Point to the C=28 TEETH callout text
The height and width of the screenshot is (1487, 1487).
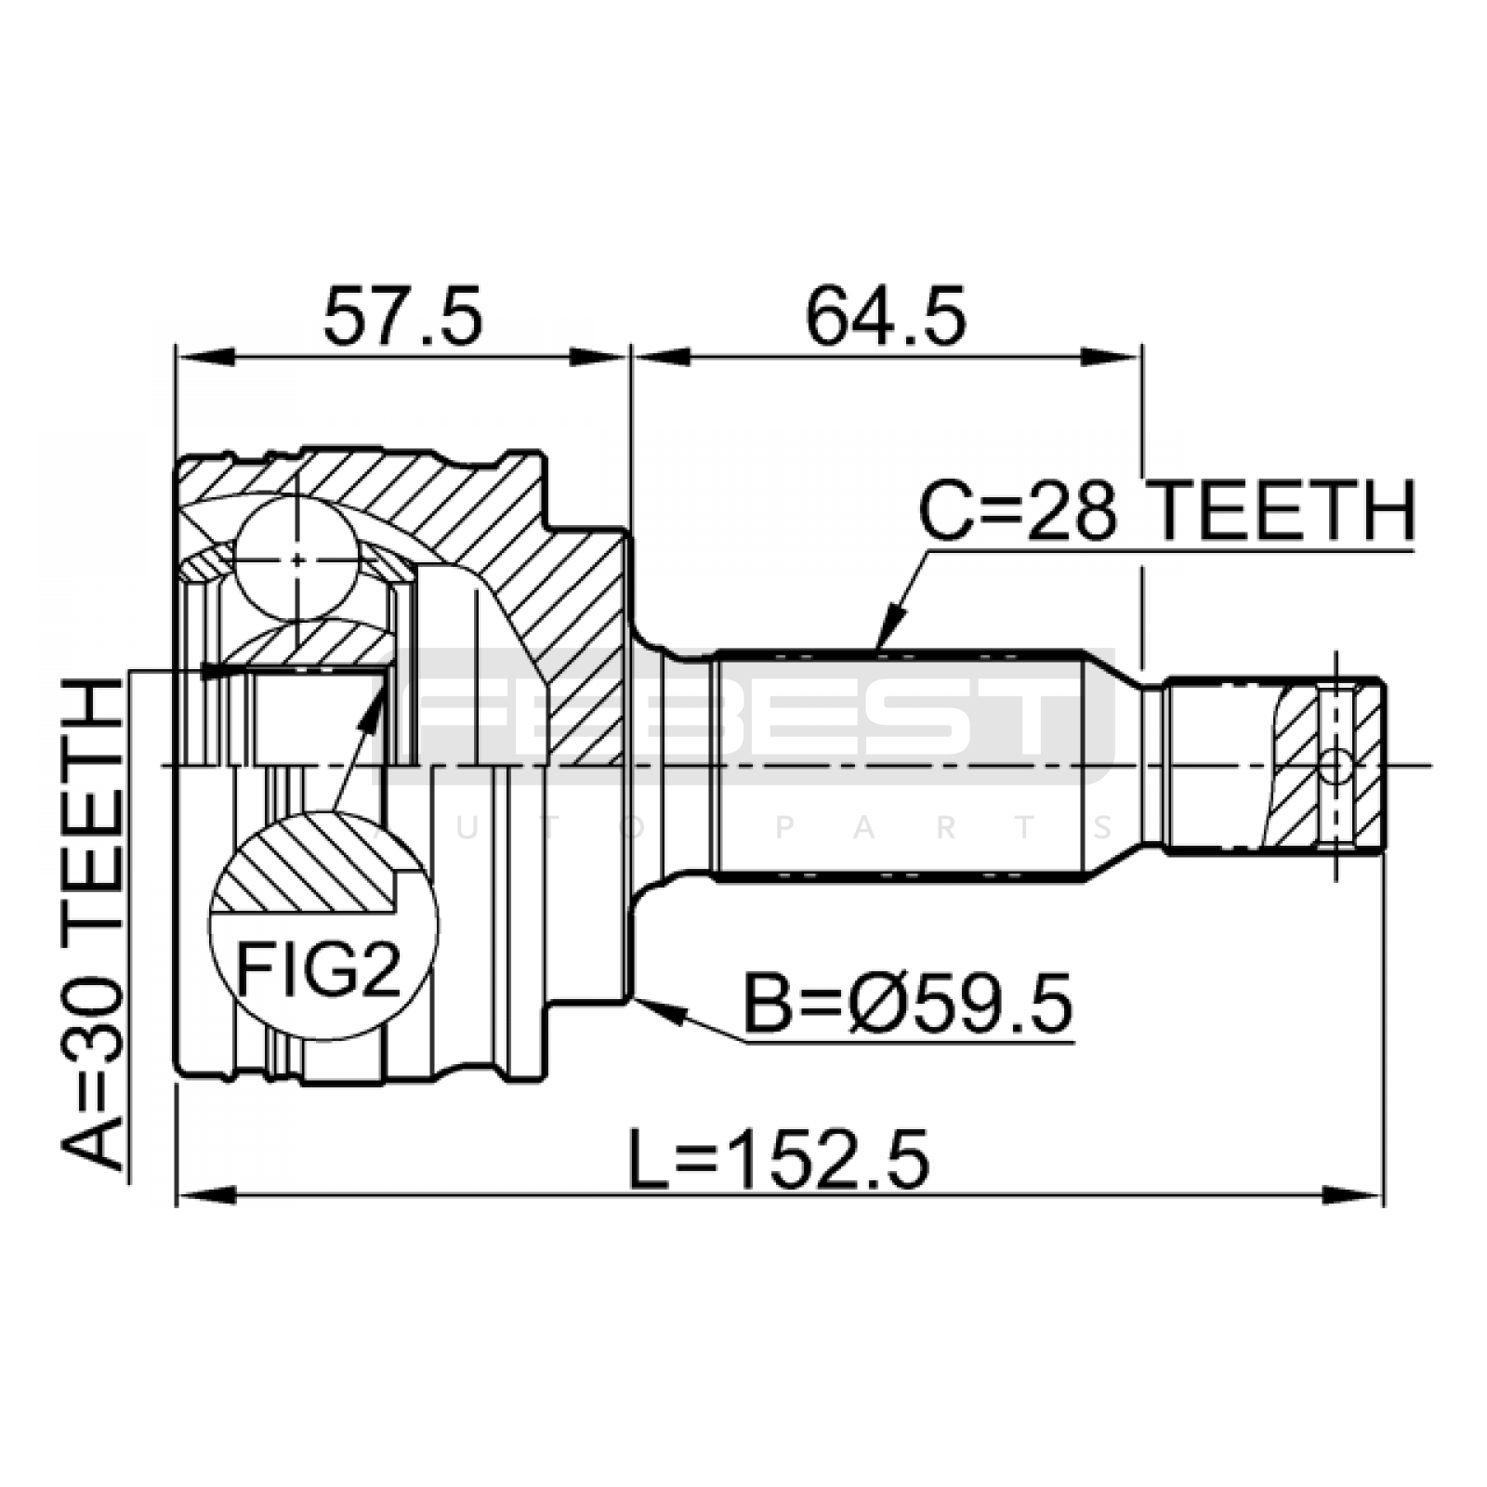[x=1166, y=511]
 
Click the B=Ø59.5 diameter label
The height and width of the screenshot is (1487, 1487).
[x=908, y=1003]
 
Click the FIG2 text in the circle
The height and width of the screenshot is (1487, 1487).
[x=318, y=967]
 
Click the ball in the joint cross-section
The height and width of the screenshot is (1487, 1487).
[x=296, y=559]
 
